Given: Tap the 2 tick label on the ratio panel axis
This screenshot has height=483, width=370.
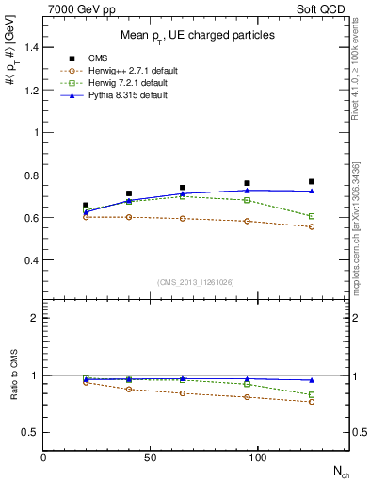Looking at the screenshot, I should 35,319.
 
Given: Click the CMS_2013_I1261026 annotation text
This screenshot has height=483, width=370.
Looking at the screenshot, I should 196,282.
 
